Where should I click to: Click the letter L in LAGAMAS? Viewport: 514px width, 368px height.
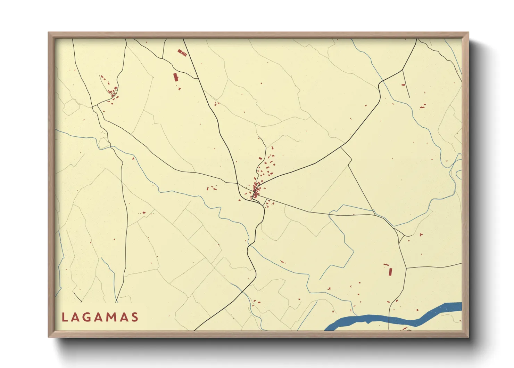(x=64, y=317)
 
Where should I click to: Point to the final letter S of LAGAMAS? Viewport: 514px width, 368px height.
(x=135, y=317)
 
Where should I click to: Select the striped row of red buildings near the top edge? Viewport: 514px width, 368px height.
(x=182, y=53)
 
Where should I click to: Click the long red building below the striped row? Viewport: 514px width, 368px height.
(x=175, y=77)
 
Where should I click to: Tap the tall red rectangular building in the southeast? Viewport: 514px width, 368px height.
(x=390, y=271)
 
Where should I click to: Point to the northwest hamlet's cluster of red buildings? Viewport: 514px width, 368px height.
(x=112, y=93)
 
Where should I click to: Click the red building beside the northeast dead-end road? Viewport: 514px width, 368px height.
(x=403, y=85)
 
